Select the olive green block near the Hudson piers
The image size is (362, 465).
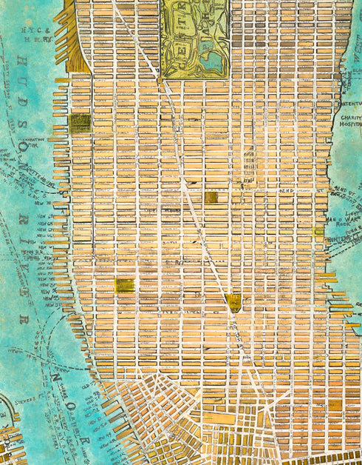tap(80, 123)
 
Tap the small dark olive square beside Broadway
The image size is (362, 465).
tap(211, 197)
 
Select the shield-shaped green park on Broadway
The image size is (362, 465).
tap(235, 301)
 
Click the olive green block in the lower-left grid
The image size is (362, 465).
tap(125, 285)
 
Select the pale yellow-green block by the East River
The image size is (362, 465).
tap(318, 232)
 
